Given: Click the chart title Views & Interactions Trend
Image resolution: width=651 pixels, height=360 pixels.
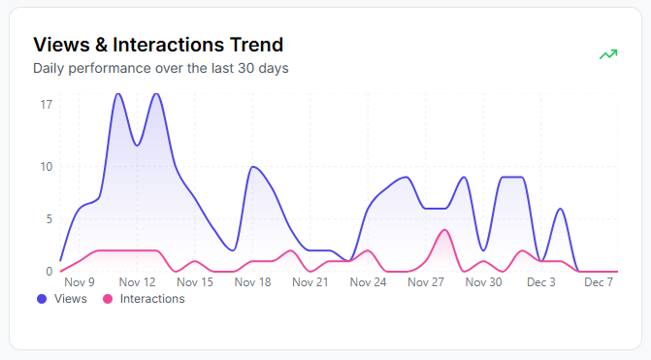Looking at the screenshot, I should tap(158, 45).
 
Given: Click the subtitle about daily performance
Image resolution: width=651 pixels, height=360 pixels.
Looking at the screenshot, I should tap(160, 69).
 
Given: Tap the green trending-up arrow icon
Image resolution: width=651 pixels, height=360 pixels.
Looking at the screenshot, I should tap(608, 54).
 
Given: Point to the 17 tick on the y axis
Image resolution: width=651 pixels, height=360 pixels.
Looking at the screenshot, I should tap(46, 104).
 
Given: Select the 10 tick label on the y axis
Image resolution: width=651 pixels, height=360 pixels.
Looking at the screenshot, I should tap(46, 166).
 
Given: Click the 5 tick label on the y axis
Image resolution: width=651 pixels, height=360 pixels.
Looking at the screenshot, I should tap(49, 219).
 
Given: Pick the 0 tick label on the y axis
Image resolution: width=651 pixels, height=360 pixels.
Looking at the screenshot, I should tap(49, 271).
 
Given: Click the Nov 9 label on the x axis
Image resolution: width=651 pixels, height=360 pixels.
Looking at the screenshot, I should tap(79, 282).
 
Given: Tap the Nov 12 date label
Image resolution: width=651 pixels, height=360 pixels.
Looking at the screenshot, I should tap(137, 282).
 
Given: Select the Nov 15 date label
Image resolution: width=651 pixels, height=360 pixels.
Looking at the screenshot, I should tap(195, 282).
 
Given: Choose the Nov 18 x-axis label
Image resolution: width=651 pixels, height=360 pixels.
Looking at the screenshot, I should tap(252, 282).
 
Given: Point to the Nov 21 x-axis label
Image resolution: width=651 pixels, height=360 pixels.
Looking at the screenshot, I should tap(310, 282).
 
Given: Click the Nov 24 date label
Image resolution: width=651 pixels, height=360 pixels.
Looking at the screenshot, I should tap(368, 282).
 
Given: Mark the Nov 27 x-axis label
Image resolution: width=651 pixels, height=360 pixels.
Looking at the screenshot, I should tap(426, 282).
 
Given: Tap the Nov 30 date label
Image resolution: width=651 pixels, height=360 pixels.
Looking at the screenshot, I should tap(483, 282).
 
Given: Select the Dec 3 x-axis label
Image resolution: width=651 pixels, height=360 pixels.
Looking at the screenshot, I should tap(540, 282).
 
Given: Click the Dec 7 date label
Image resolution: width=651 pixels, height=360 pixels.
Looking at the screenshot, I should tap(599, 282).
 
